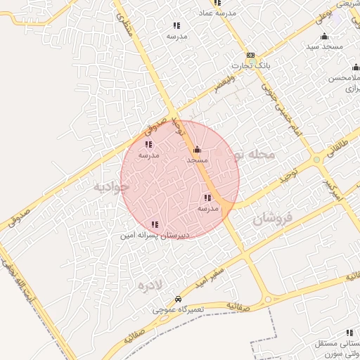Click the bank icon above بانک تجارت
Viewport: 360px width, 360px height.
coord(250,56)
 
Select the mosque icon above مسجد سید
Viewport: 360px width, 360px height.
coord(324,37)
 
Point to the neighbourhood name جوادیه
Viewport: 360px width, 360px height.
coord(110,188)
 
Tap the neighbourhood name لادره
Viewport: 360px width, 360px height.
coord(150,285)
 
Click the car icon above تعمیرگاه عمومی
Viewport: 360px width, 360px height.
coord(178,299)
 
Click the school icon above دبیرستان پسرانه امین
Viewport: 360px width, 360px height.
coord(154,225)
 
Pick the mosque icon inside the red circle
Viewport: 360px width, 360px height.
coord(196,150)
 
